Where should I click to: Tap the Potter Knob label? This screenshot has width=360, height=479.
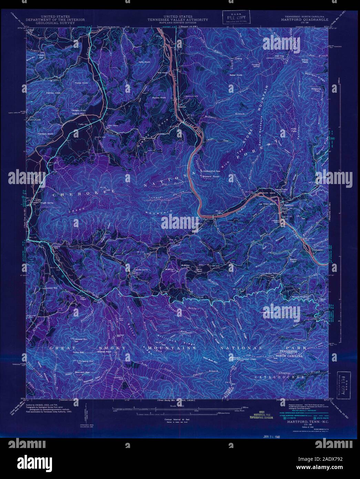coord(81,83)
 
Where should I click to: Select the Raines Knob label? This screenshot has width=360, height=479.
coord(159,98)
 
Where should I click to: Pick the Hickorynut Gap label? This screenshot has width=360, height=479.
coord(212,170)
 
